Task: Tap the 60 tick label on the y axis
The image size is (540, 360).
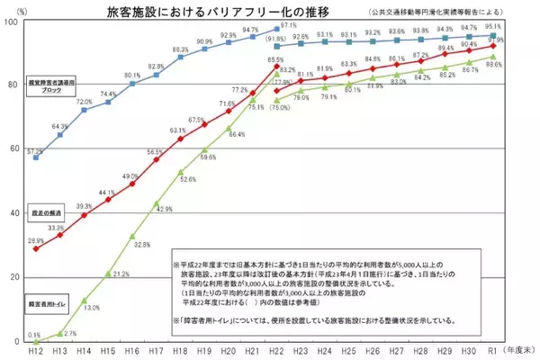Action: [13, 149]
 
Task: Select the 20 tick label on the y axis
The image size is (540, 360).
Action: [13, 277]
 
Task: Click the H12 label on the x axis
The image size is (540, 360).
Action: [35, 352]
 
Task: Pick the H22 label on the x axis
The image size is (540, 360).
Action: [276, 352]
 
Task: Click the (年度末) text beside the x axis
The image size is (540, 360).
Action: [521, 352]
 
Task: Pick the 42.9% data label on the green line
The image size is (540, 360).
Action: [164, 209]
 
